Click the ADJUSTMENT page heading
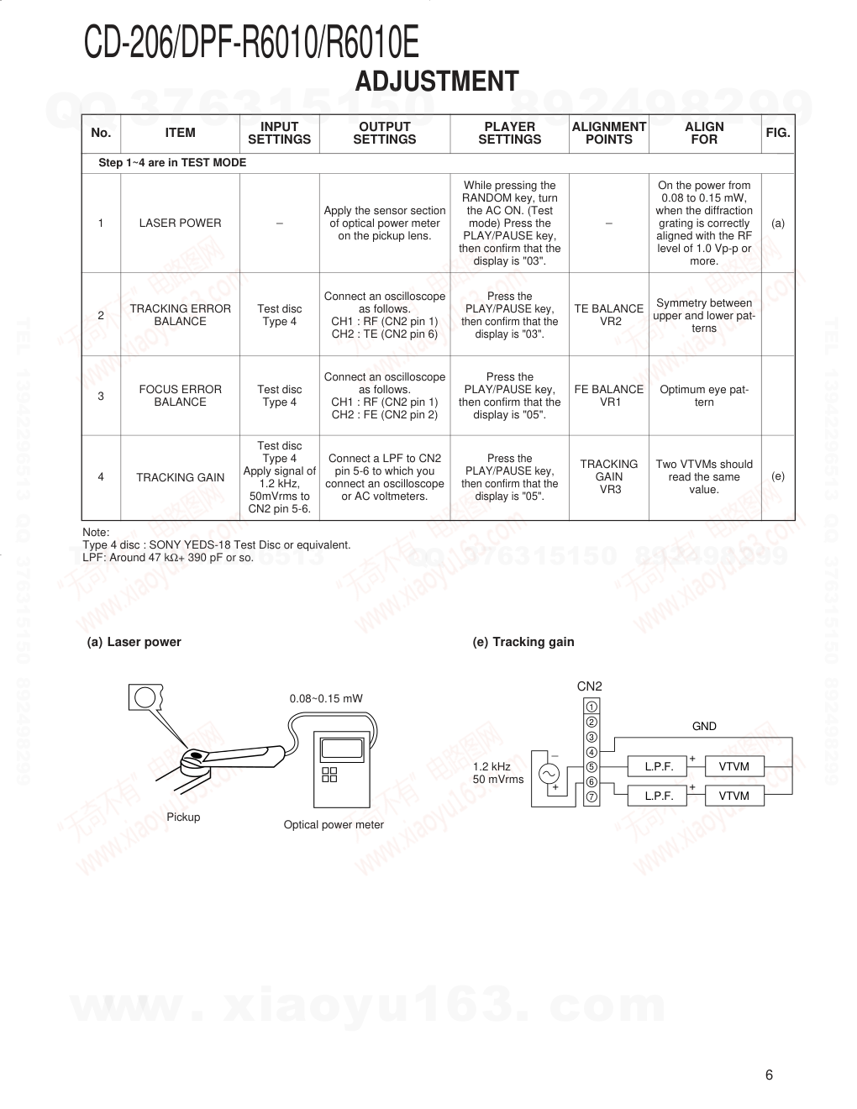click(x=437, y=81)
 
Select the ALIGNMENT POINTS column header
click(x=608, y=133)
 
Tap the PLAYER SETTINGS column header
click(x=509, y=133)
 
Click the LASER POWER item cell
click(x=180, y=223)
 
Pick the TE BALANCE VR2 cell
click(x=609, y=315)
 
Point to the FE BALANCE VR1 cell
click(x=609, y=396)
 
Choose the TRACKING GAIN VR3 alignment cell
click(x=609, y=476)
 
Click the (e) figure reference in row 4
click(x=778, y=476)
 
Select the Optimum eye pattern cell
click(x=704, y=396)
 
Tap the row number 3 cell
click(x=101, y=396)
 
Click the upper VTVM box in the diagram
click(x=733, y=766)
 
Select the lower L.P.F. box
click(x=659, y=796)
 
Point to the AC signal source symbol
click(x=550, y=774)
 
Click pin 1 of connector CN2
click(x=591, y=707)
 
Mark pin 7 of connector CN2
click(x=591, y=796)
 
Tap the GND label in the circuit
click(x=704, y=727)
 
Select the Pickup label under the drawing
click(x=183, y=817)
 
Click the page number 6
click(x=769, y=1075)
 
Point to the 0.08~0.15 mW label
click(x=326, y=699)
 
